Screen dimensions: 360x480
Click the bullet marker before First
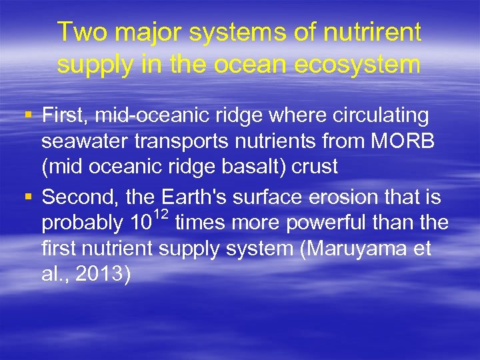coord(27,116)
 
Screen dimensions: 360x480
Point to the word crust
coord(315,167)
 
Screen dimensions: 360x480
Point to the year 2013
coord(103,273)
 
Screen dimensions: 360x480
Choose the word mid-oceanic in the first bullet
coord(153,116)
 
